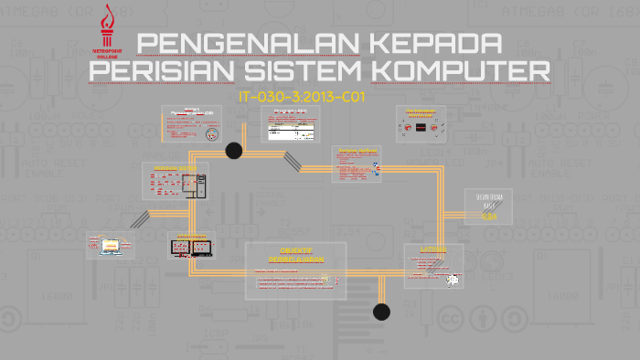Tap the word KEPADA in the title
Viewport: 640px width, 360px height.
click(x=429, y=43)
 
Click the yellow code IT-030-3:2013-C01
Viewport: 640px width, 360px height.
click(x=301, y=96)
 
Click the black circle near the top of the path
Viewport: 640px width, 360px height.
click(x=234, y=151)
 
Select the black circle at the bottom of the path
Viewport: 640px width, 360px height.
click(x=381, y=312)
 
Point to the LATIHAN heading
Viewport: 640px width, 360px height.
click(x=432, y=249)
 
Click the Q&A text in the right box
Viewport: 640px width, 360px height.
click(x=490, y=217)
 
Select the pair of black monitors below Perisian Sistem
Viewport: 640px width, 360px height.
click(x=190, y=247)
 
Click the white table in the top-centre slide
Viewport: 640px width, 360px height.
click(x=289, y=131)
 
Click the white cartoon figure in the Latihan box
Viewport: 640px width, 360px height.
click(x=452, y=280)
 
